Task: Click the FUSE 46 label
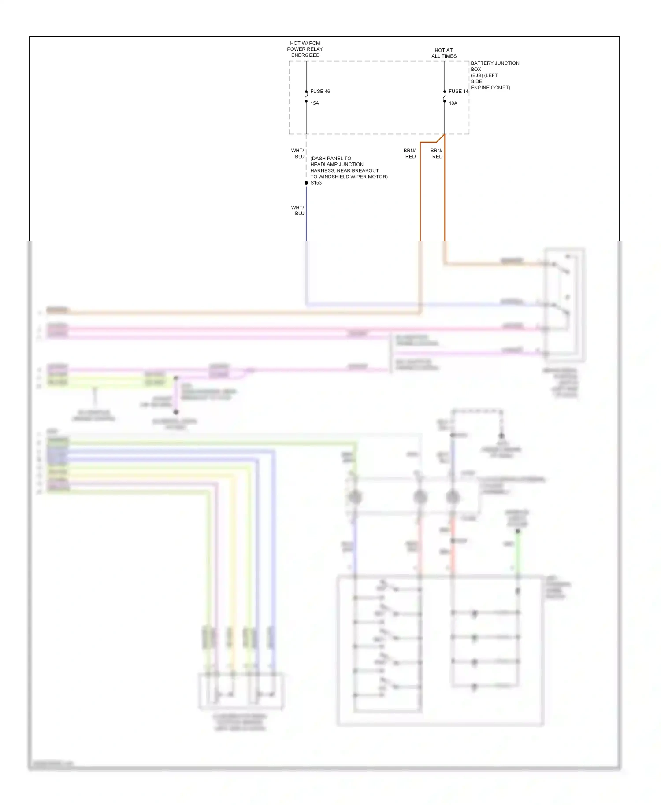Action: pyautogui.click(x=320, y=92)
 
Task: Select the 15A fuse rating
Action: pyautogui.click(x=315, y=103)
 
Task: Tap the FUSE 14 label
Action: pyautogui.click(x=458, y=92)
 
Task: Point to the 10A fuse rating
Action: pyautogui.click(x=453, y=103)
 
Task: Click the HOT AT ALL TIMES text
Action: pyautogui.click(x=444, y=53)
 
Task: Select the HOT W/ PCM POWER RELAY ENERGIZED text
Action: pyautogui.click(x=305, y=49)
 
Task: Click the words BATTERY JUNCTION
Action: pyautogui.click(x=495, y=63)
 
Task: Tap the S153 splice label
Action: pyautogui.click(x=316, y=183)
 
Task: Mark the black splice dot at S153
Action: pyautogui.click(x=306, y=183)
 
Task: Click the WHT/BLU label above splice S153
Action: pyautogui.click(x=298, y=154)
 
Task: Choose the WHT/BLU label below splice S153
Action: pyautogui.click(x=298, y=210)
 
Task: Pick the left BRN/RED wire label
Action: pyautogui.click(x=410, y=154)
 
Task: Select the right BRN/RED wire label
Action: pyautogui.click(x=437, y=154)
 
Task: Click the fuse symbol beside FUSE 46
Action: pyautogui.click(x=306, y=96)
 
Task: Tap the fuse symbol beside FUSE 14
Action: pyautogui.click(x=445, y=96)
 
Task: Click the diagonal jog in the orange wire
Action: pyautogui.click(x=440, y=139)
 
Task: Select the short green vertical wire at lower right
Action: pyautogui.click(x=518, y=550)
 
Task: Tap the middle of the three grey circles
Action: pyautogui.click(x=420, y=497)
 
